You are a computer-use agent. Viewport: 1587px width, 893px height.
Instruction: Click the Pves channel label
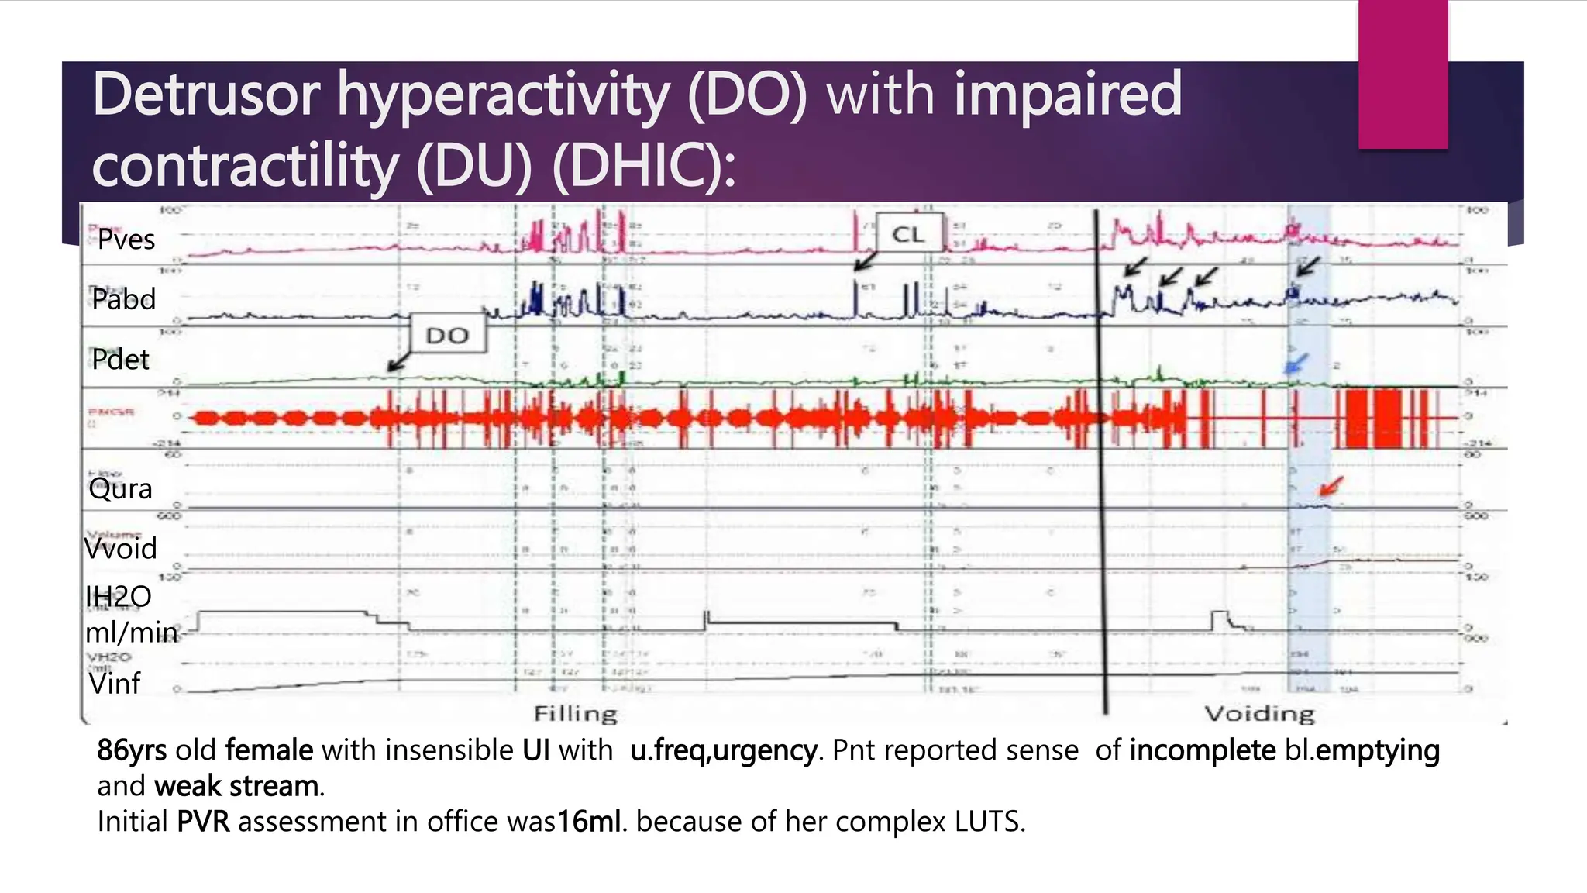point(126,240)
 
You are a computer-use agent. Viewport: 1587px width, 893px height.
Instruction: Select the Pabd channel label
point(123,299)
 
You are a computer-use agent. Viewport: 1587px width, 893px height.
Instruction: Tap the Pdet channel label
point(120,360)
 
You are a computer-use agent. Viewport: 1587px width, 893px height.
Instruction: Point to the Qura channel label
point(120,489)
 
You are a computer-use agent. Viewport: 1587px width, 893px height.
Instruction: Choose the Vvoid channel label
point(120,549)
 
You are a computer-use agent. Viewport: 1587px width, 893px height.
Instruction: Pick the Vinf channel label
point(114,684)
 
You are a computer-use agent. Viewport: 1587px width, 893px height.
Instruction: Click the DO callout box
point(448,335)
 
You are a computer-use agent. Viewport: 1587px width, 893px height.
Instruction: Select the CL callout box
point(908,234)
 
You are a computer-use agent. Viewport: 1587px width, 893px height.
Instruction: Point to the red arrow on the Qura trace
point(1331,487)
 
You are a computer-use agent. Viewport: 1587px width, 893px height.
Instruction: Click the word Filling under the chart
point(576,713)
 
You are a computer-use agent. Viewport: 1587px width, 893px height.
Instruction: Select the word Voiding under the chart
point(1259,713)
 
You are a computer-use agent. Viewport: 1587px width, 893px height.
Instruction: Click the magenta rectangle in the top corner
point(1403,74)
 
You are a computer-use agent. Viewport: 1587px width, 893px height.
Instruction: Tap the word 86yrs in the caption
point(132,750)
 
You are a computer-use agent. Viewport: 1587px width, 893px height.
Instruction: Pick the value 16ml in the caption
point(589,822)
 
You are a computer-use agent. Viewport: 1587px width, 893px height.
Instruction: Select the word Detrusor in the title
point(206,95)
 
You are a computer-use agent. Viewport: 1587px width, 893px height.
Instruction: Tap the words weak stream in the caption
point(236,786)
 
